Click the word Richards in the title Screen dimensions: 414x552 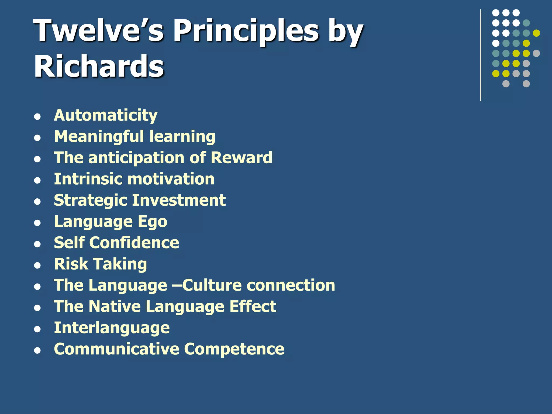click(99, 66)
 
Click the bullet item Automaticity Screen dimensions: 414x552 click(106, 115)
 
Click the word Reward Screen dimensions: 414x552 click(241, 158)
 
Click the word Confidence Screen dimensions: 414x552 click(134, 243)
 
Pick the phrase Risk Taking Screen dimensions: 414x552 click(101, 264)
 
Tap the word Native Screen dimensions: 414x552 click(115, 306)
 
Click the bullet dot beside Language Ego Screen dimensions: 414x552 click(37, 223)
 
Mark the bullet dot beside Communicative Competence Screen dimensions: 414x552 click(37, 350)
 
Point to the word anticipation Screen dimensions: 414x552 click(136, 158)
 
